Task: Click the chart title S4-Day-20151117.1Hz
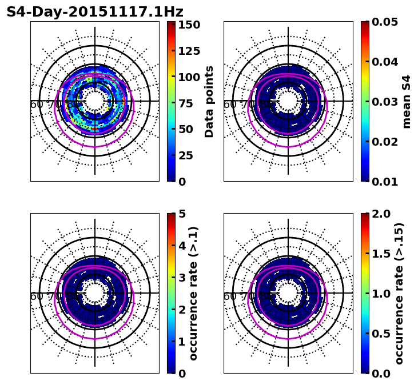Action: tap(95, 12)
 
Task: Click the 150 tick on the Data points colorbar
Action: tap(189, 25)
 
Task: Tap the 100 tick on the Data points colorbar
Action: tap(189, 77)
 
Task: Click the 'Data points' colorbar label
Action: tap(209, 101)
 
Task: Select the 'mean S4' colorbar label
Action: tap(407, 101)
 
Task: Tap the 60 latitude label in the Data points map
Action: tap(37, 105)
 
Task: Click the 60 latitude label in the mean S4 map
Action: tap(230, 105)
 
